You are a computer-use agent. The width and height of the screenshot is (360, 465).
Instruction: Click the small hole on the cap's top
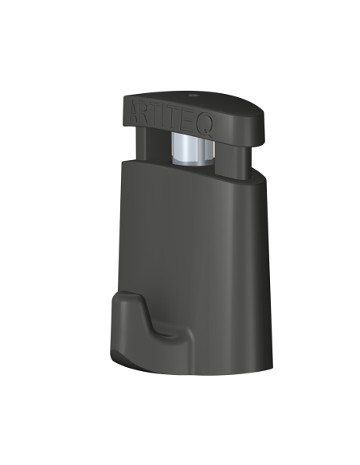coord(194,96)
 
